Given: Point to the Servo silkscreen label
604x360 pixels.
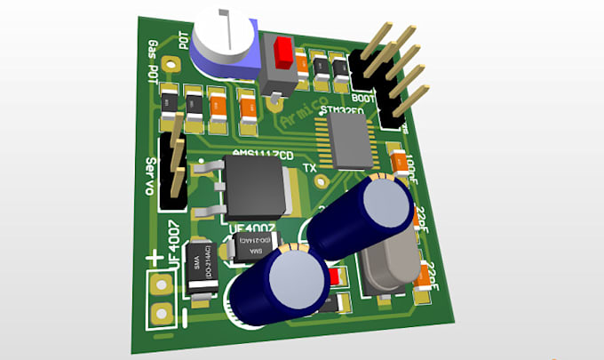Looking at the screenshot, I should (151, 178).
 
